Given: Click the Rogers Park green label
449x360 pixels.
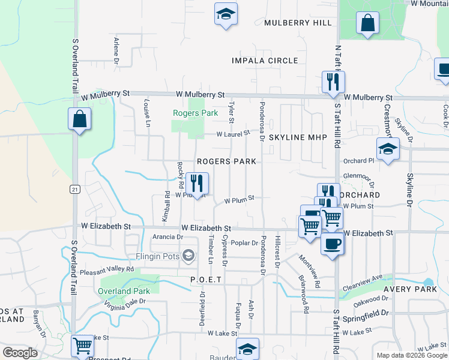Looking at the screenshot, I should click(x=195, y=113).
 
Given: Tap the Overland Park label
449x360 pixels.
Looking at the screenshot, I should click(x=124, y=291).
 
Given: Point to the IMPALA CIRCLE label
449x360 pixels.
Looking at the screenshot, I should click(x=265, y=61).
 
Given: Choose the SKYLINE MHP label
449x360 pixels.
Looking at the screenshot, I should click(x=298, y=137).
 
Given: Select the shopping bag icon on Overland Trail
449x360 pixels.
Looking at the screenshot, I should click(x=79, y=120).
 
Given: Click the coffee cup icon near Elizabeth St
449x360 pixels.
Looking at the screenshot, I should click(x=332, y=244).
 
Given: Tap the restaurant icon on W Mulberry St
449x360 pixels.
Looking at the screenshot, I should click(x=333, y=82).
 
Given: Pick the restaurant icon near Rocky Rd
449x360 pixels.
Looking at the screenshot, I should click(x=197, y=183).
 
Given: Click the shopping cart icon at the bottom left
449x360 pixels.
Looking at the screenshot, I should click(x=82, y=346).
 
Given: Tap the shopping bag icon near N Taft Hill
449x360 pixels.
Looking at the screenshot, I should click(x=367, y=24).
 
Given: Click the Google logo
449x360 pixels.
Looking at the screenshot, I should click(x=20, y=353).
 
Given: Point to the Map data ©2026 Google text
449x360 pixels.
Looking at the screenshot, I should click(x=411, y=355).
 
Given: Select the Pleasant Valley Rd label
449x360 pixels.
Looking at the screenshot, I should click(x=106, y=271).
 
